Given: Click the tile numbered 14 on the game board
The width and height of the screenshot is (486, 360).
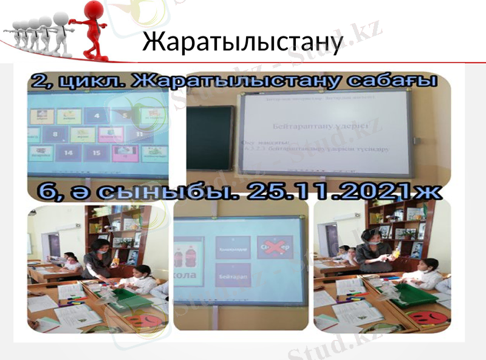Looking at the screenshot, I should (x=68, y=153).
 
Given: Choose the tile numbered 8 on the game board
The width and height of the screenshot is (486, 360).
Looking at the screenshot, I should (x=55, y=134).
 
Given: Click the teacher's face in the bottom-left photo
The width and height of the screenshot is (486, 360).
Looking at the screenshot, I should (x=102, y=247).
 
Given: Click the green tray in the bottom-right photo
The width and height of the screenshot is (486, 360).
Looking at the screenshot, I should (x=414, y=296).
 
